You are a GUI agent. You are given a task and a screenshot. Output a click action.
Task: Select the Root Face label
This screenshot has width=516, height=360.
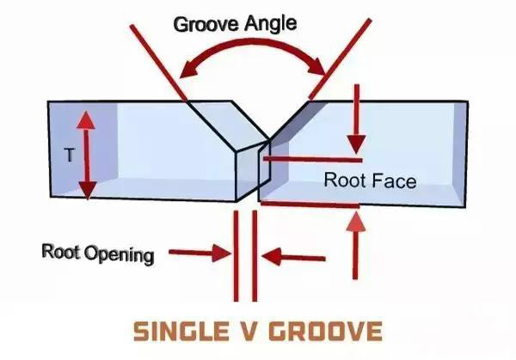[x=370, y=181]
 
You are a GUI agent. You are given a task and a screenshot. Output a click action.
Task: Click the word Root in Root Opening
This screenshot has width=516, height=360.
[x=61, y=252]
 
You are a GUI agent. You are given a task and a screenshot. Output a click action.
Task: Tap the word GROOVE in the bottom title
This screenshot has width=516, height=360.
[x=327, y=331]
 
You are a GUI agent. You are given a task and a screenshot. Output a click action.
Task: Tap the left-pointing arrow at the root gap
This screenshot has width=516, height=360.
[x=292, y=255]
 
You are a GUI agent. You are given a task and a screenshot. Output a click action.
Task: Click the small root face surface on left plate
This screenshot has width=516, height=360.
[x=248, y=172]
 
